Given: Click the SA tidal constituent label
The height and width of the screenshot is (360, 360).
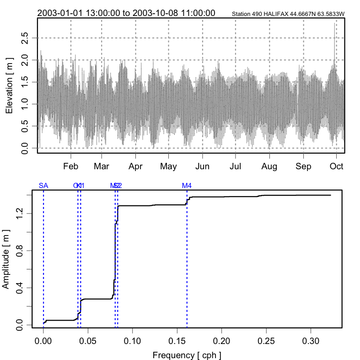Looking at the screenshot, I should (43, 186).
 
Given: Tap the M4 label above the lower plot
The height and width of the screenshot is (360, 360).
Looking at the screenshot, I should (187, 186).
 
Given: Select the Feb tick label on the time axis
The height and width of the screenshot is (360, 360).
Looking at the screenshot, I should (71, 167).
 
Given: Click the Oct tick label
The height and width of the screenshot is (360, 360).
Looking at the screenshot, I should (337, 167).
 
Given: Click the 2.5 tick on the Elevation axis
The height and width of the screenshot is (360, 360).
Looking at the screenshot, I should (26, 38).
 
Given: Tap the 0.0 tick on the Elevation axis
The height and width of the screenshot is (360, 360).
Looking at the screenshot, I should (26, 148).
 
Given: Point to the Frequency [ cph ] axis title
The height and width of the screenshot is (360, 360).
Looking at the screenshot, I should (187, 355).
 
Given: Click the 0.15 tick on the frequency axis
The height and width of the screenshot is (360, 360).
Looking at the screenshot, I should (177, 341).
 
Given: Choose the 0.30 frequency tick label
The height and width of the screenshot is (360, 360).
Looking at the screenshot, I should (311, 341).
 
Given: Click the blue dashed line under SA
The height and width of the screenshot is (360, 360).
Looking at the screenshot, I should (43, 256).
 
